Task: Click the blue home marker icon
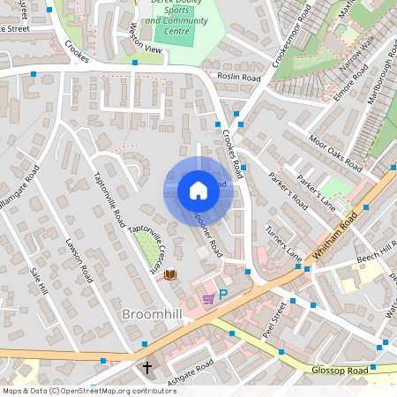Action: [x=198, y=191]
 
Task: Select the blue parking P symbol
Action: [x=223, y=295]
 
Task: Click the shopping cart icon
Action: [x=208, y=299]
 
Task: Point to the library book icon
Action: [x=169, y=275]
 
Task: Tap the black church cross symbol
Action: [x=147, y=367]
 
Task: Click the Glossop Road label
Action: [x=340, y=371]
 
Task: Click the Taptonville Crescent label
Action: [x=146, y=247]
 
